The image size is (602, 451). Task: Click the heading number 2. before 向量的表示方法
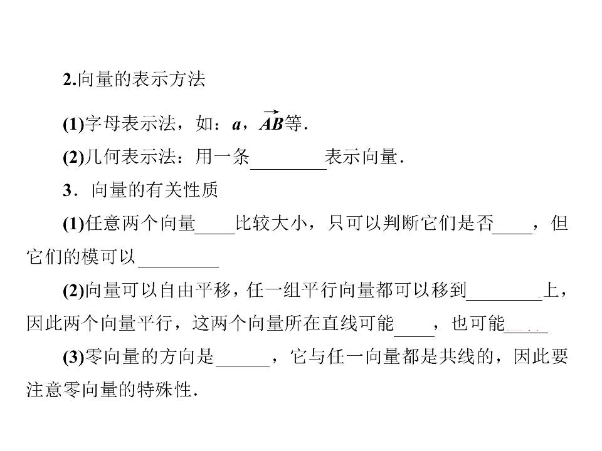[70, 80]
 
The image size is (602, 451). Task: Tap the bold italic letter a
[236, 125]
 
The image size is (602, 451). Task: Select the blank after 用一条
[288, 168]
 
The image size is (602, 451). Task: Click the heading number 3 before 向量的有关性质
[68, 190]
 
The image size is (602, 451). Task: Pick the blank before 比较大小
[215, 233]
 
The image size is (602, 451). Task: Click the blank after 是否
[512, 233]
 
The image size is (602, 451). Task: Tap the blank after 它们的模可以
[178, 266]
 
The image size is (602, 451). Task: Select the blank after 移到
[504, 299]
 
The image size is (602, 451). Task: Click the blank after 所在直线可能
[415, 336]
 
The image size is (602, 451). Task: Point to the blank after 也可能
[525, 332]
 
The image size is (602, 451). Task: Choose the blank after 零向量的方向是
[243, 366]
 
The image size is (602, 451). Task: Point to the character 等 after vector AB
[293, 123]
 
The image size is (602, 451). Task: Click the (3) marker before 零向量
[73, 357]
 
